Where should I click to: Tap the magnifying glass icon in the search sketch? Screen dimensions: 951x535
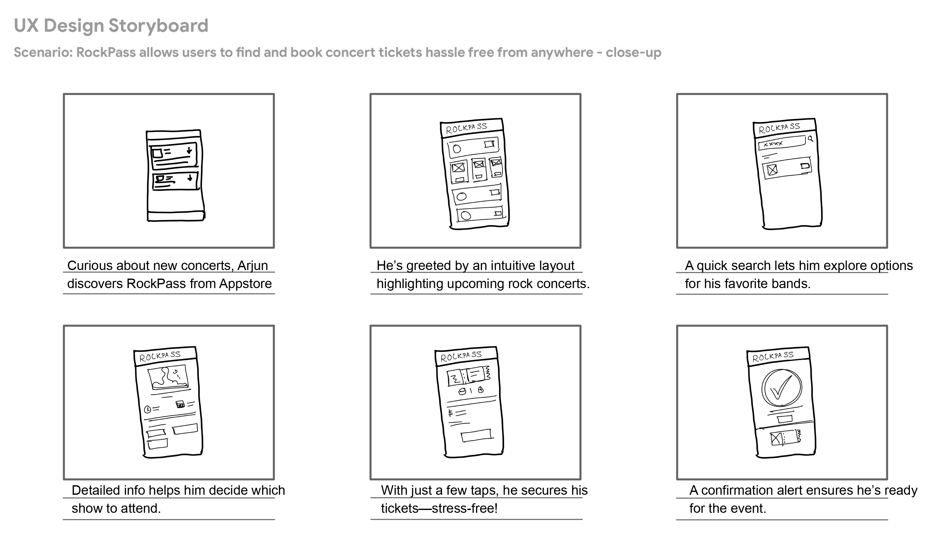coord(810,139)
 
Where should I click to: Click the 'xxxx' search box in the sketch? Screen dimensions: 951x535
coord(781,143)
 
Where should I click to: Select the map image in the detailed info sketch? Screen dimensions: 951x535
coord(168,377)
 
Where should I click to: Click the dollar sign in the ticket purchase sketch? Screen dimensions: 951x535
coord(450,413)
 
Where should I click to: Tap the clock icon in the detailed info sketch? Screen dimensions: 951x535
coord(147,409)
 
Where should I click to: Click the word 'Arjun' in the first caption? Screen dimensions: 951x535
coord(253,266)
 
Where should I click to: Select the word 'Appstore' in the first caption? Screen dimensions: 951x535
coord(245,284)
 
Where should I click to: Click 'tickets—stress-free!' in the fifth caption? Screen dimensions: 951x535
coord(439,508)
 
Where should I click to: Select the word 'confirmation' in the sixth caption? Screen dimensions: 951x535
coord(738,490)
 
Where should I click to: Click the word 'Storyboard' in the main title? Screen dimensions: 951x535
coord(158,26)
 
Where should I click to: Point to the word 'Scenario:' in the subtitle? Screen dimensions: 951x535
coord(43,52)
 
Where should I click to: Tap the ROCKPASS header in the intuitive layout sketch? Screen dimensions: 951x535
coord(467,128)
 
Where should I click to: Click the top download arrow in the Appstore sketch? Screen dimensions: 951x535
coord(189,150)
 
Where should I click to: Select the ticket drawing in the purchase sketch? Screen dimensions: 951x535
coord(469,376)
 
